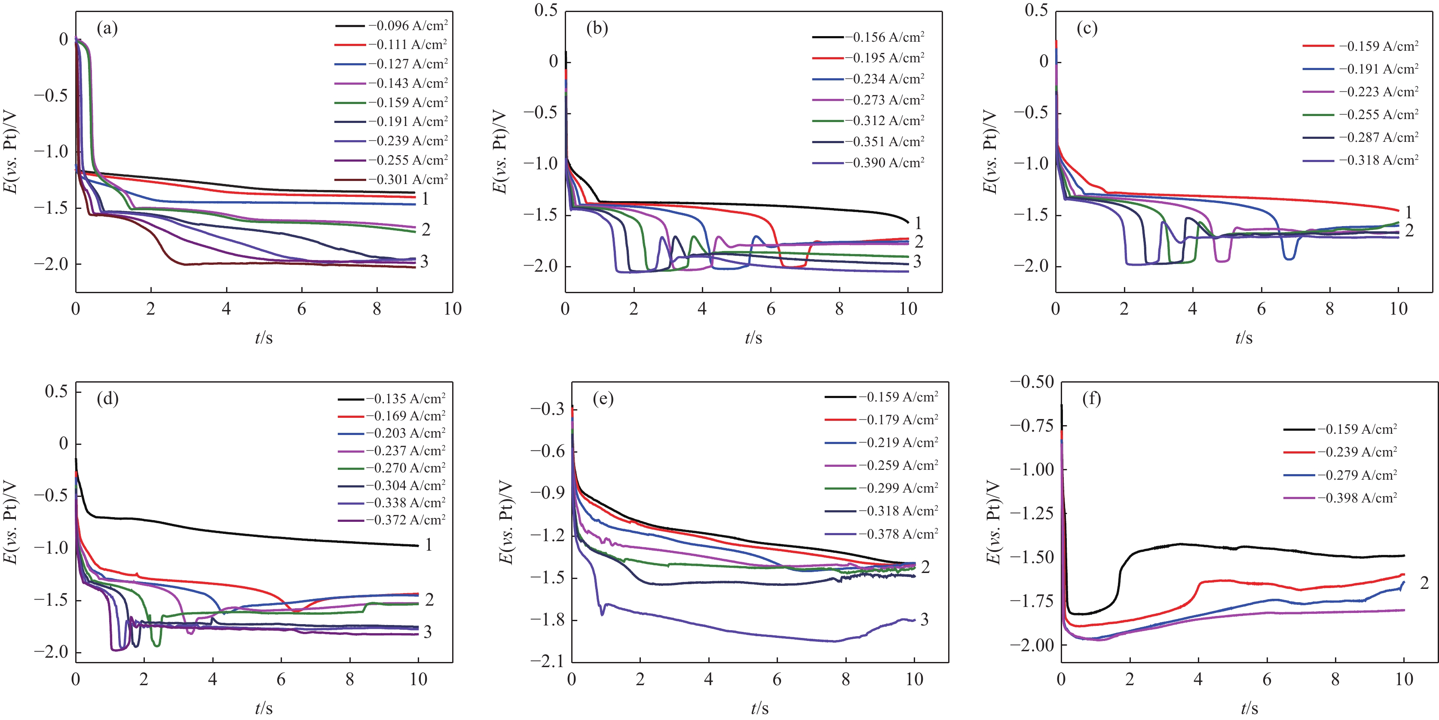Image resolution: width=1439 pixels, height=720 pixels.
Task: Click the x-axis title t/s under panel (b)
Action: click(753, 337)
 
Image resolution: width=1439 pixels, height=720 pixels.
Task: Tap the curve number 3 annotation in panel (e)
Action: click(925, 619)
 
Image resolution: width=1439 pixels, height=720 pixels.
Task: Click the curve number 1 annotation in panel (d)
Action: click(429, 545)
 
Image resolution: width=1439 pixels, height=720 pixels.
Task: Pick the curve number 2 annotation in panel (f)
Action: click(1424, 583)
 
